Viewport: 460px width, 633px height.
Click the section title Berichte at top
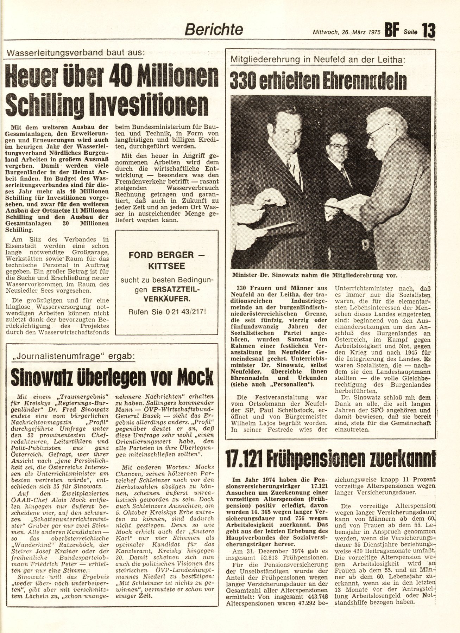(x=214, y=30)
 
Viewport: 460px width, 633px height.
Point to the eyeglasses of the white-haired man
(x=378, y=131)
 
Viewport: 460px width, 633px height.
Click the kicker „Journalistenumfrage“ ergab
(x=73, y=356)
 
